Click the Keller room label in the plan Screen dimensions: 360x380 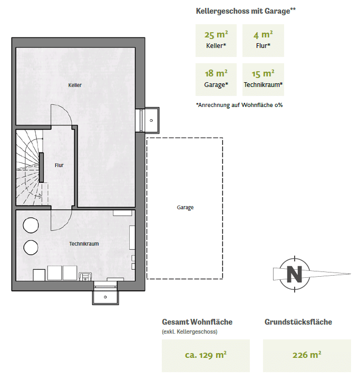click(x=75, y=85)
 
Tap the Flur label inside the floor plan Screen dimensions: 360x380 click(x=59, y=165)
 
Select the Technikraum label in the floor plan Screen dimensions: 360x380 click(x=84, y=243)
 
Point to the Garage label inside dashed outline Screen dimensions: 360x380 click(x=185, y=208)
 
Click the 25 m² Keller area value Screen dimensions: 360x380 click(x=216, y=35)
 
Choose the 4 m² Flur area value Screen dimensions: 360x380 click(x=263, y=35)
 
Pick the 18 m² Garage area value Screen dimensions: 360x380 click(x=216, y=73)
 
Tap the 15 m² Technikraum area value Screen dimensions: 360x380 click(x=263, y=73)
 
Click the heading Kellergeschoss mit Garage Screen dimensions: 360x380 click(x=246, y=11)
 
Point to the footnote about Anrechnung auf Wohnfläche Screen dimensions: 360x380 click(x=239, y=105)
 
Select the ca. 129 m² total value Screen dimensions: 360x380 click(x=206, y=355)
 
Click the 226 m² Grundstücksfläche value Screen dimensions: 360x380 click(x=307, y=355)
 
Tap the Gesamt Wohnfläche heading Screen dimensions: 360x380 click(x=197, y=322)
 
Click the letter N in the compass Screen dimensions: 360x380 click(x=294, y=274)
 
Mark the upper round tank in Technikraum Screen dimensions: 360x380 click(x=31, y=225)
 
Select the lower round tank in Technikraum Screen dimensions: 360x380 click(x=31, y=247)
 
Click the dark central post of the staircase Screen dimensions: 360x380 click(x=41, y=168)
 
